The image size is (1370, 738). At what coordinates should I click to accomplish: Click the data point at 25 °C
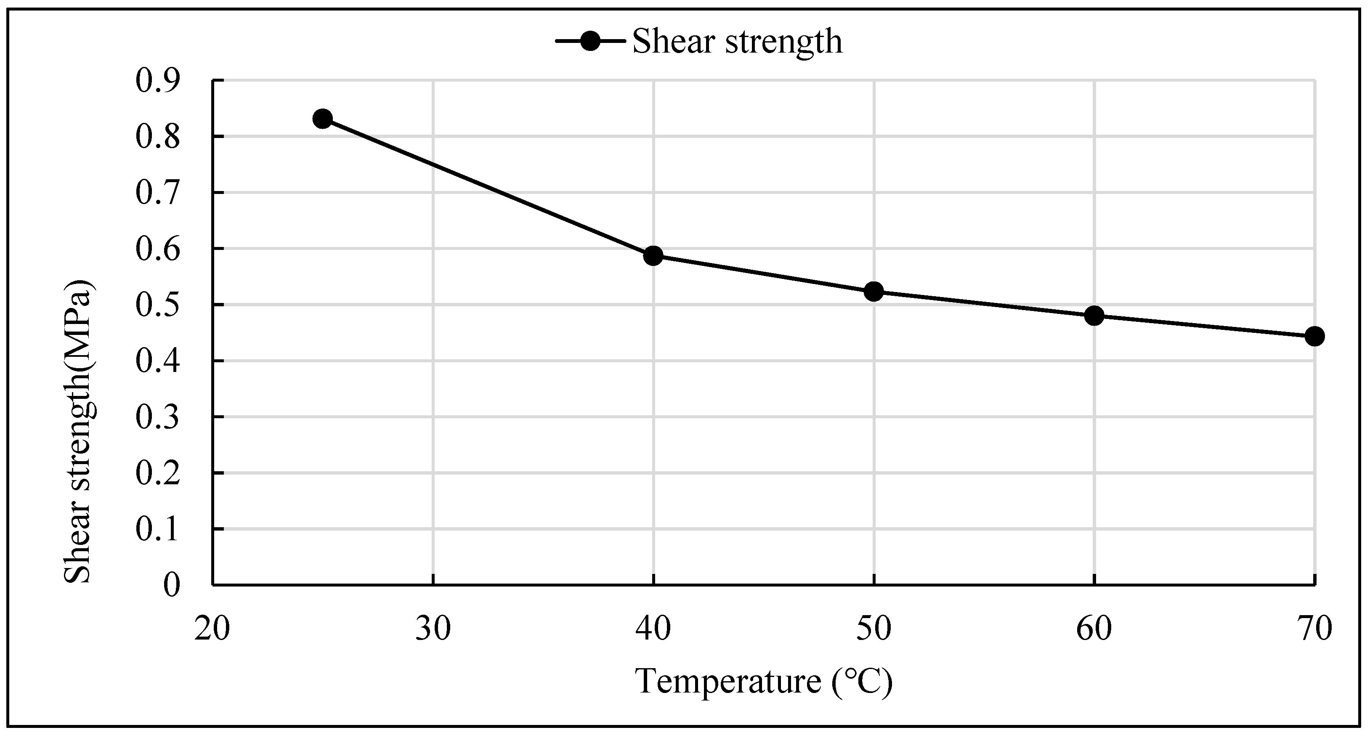[323, 119]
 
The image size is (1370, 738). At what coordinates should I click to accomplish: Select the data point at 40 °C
[653, 256]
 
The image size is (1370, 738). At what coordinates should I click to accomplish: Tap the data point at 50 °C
[873, 292]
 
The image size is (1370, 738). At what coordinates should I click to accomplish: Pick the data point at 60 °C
[1094, 315]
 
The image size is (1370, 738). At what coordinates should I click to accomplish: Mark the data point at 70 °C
[1314, 336]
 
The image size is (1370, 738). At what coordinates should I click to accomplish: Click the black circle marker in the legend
[590, 41]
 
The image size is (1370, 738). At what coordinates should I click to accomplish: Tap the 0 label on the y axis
[172, 585]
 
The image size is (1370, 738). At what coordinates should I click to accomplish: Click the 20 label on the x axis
[212, 629]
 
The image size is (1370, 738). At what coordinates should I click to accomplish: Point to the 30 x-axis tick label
[433, 629]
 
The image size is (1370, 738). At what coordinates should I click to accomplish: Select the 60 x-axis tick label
[1094, 629]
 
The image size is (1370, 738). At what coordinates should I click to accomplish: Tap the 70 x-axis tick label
[1314, 629]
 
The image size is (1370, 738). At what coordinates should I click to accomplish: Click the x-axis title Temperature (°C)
[764, 681]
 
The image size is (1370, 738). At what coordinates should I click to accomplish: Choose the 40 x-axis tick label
[653, 629]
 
